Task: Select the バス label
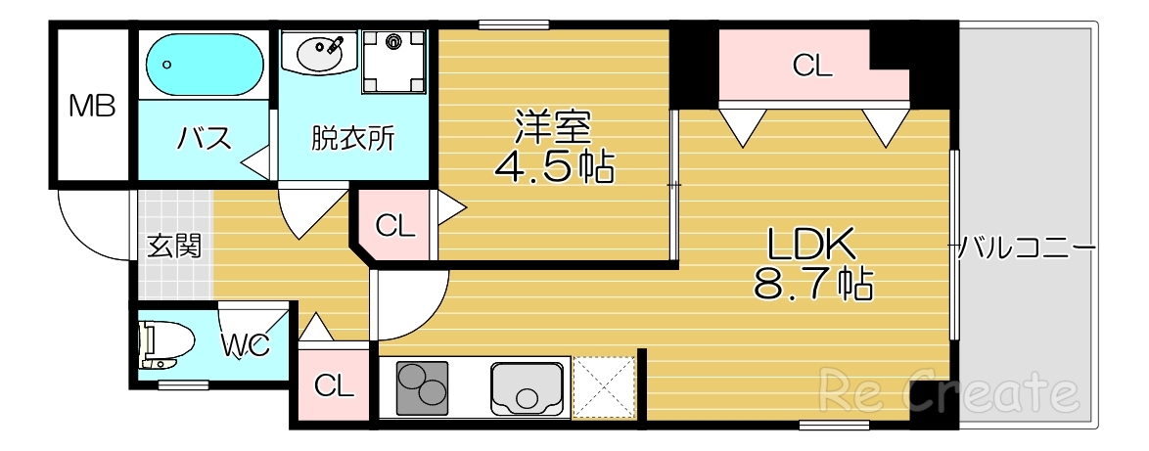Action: tap(204, 139)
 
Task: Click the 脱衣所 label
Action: tap(353, 139)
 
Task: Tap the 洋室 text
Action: tap(553, 127)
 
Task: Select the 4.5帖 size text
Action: tap(554, 167)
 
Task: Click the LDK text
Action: tap(811, 243)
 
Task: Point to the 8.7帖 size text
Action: tap(812, 284)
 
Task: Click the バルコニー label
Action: tap(1025, 246)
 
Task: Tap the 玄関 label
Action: tap(174, 246)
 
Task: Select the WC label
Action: tap(244, 344)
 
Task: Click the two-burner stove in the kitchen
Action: tap(422, 388)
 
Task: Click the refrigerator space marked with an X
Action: tap(604, 388)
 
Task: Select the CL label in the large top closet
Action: tap(811, 67)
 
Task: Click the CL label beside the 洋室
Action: tap(395, 227)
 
